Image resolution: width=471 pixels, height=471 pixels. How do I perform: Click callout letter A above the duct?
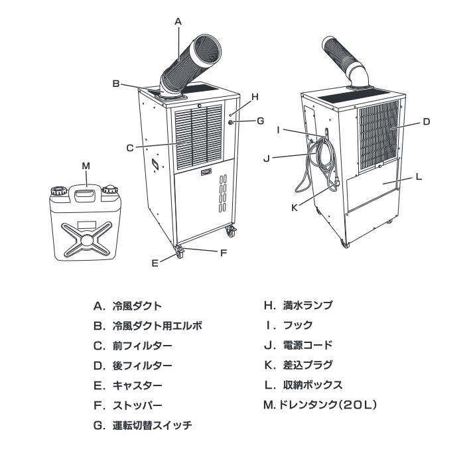tap(178, 21)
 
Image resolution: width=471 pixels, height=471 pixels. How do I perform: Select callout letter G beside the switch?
tap(260, 121)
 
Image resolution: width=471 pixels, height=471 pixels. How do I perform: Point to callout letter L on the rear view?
tap(419, 177)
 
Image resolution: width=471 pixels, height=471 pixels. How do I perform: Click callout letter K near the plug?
tap(295, 207)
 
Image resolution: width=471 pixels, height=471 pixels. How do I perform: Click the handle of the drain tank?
tap(84, 193)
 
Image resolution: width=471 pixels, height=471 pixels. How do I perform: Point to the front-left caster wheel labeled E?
tap(180, 252)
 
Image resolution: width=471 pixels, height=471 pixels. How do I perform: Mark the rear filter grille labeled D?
tap(379, 135)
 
